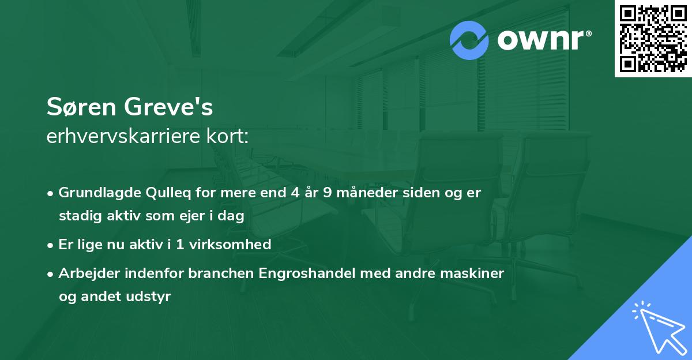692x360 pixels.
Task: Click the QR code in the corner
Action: pyautogui.click(x=653, y=39)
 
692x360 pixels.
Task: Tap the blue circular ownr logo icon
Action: pyautogui.click(x=469, y=40)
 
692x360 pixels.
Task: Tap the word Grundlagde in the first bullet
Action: pyautogui.click(x=95, y=192)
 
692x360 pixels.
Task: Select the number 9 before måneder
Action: pyautogui.click(x=327, y=192)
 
